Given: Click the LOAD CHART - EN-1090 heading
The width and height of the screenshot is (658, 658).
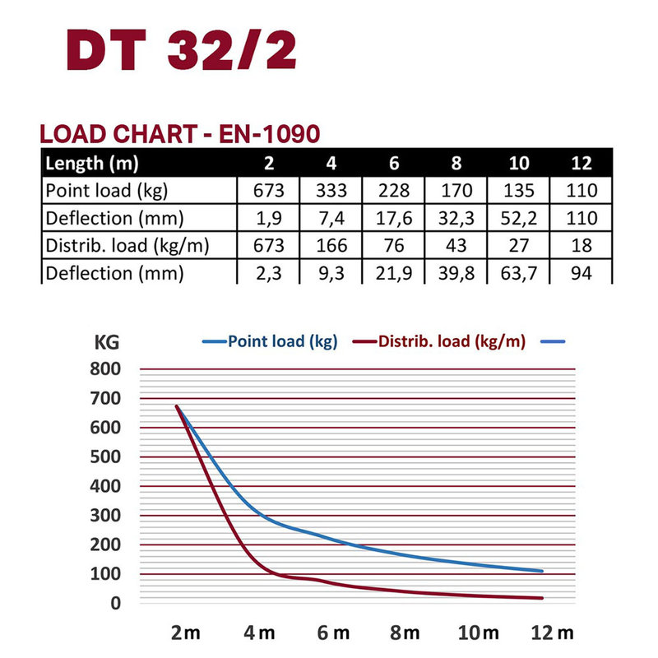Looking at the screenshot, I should pos(180,134).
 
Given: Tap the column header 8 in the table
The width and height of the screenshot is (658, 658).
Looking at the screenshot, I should pos(457,162).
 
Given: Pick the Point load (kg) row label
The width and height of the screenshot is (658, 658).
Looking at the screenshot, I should pos(107,191).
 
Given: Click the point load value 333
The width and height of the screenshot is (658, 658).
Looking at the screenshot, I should pos(331,191).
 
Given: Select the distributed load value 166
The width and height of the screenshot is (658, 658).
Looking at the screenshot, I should pos(331,245).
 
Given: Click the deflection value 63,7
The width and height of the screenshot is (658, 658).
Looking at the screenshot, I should pos(519,272).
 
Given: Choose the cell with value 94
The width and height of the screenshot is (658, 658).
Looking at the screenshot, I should pos(582,272).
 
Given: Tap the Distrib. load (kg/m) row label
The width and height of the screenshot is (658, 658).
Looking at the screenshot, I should pos(125,245).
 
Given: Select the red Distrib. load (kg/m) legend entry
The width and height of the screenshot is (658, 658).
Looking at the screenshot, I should pos(440,341).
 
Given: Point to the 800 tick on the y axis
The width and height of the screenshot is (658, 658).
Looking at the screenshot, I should pos(105,369).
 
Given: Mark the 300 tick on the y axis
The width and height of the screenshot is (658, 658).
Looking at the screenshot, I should pos(105,516).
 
